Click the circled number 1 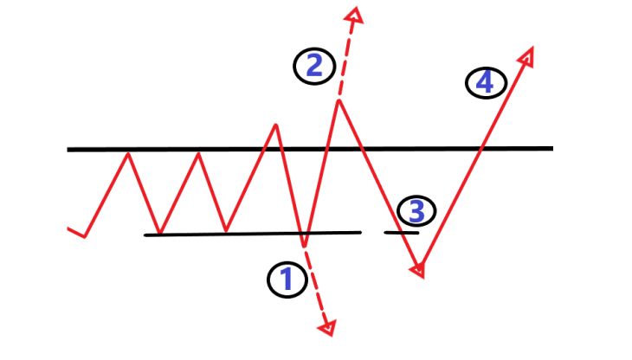coord(287,280)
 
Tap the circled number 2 coord(313,67)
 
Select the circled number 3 coord(416,210)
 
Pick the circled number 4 coord(484,83)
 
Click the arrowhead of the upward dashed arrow coord(352,14)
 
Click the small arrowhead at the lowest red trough coord(420,271)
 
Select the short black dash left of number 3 coord(401,232)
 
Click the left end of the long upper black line coord(69,150)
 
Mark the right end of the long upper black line coord(551,148)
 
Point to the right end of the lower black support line coord(359,232)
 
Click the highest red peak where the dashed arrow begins coord(339,101)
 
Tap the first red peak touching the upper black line coord(129,153)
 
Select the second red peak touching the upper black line coord(199,153)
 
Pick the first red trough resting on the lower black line coord(157,233)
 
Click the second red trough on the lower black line coord(226,231)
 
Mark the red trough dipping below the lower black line coord(303,243)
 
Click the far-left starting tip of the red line coord(68,228)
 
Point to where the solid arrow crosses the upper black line coord(481,148)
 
